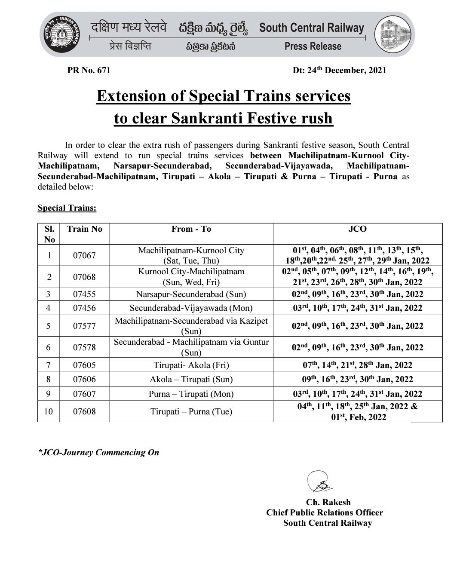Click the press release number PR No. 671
click(x=89, y=70)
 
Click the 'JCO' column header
click(x=357, y=229)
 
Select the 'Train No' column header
click(x=84, y=229)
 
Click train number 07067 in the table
click(x=84, y=255)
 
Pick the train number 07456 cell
click(x=84, y=308)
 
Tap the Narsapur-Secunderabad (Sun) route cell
click(x=191, y=294)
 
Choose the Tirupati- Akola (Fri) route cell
click(x=191, y=365)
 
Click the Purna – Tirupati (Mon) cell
click(x=191, y=394)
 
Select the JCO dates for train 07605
click(x=357, y=365)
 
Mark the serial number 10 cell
click(x=48, y=411)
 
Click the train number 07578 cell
click(x=84, y=347)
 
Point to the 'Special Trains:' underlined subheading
click(x=67, y=208)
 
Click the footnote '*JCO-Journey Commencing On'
click(x=98, y=452)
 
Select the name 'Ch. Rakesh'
click(x=328, y=502)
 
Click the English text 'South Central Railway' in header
click(x=312, y=28)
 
